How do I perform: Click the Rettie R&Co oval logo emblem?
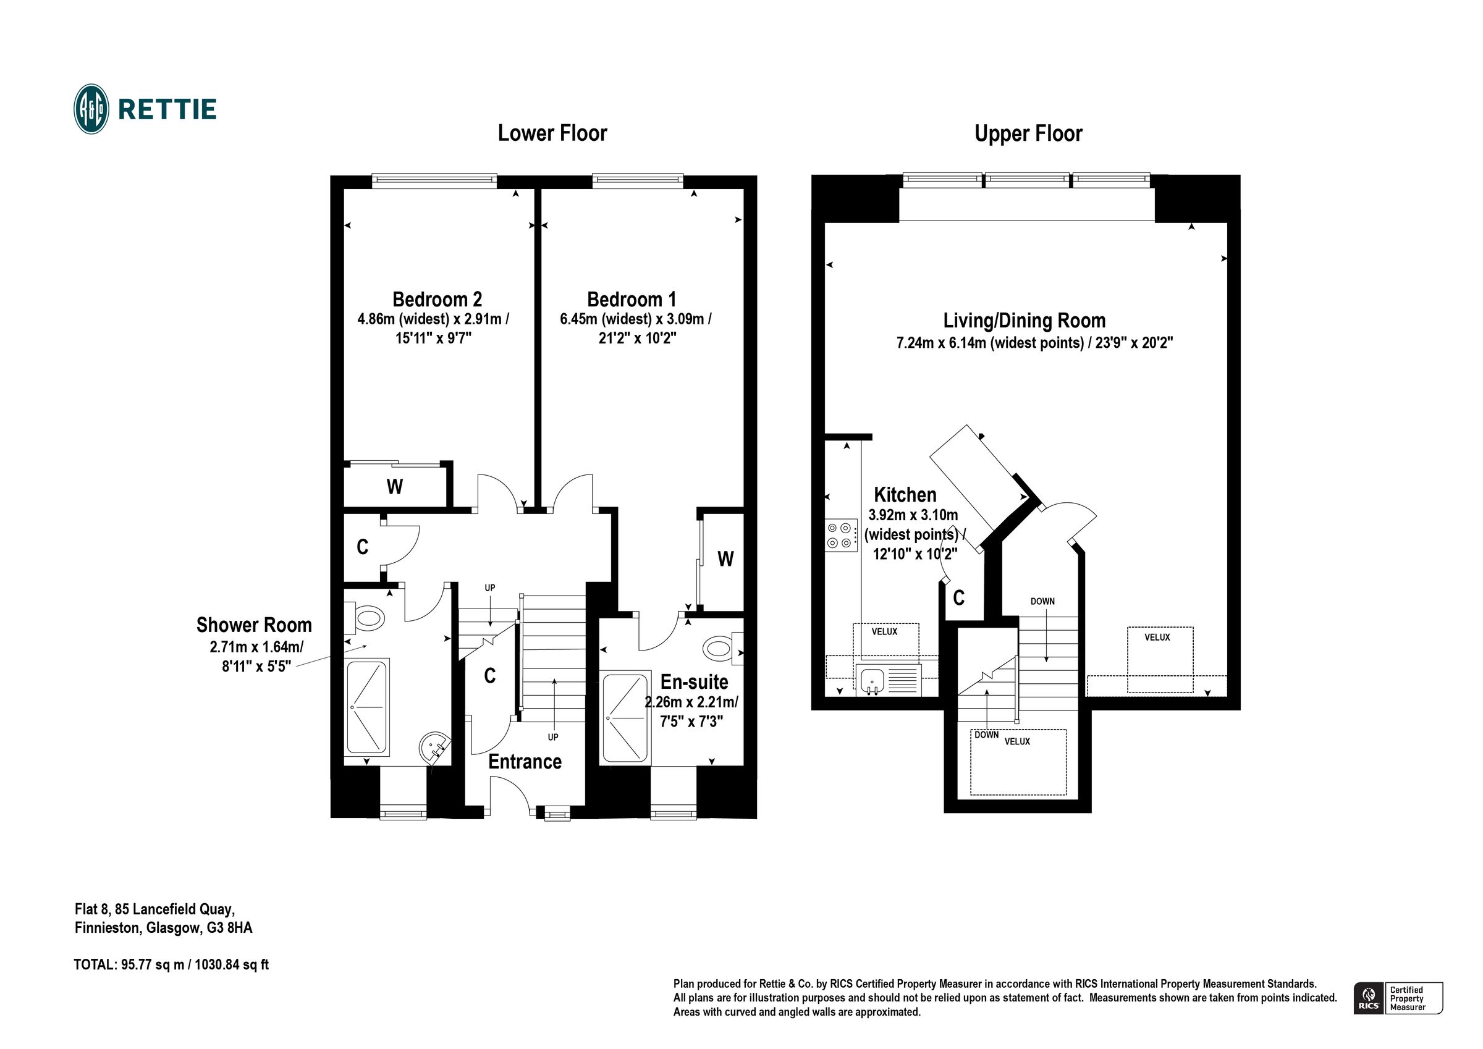click(x=91, y=109)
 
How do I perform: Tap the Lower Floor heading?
click(x=552, y=133)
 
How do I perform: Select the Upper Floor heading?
click(x=1028, y=133)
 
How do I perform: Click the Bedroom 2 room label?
click(x=437, y=299)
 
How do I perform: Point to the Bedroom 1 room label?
click(x=631, y=299)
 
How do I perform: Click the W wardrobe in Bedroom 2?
click(x=395, y=486)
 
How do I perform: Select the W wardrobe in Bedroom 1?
click(x=725, y=558)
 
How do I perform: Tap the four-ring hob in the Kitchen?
click(x=840, y=535)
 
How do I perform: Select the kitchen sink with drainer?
click(x=889, y=680)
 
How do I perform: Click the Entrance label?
click(x=525, y=762)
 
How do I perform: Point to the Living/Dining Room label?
click(x=1024, y=321)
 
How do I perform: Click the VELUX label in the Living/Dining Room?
click(x=1157, y=637)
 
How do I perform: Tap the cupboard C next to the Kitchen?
click(x=958, y=598)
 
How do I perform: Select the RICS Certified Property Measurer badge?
click(x=1398, y=998)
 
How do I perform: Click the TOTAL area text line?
click(x=171, y=964)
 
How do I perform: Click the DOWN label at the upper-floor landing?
click(x=1042, y=600)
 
